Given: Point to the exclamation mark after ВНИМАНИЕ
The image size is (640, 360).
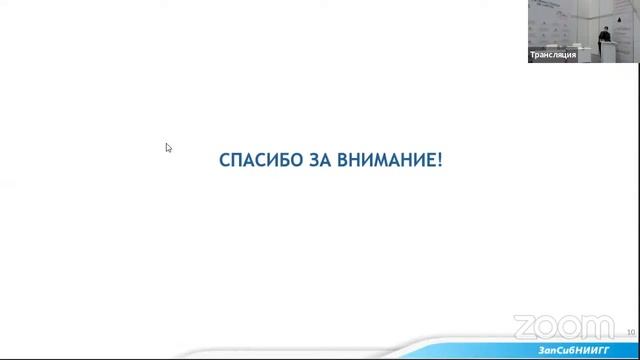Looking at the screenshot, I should (440, 160).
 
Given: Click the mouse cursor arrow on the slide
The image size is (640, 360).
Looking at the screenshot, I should (168, 147).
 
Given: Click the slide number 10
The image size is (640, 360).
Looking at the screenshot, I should (631, 331).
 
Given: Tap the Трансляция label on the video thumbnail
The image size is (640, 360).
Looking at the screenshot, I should (553, 55).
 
